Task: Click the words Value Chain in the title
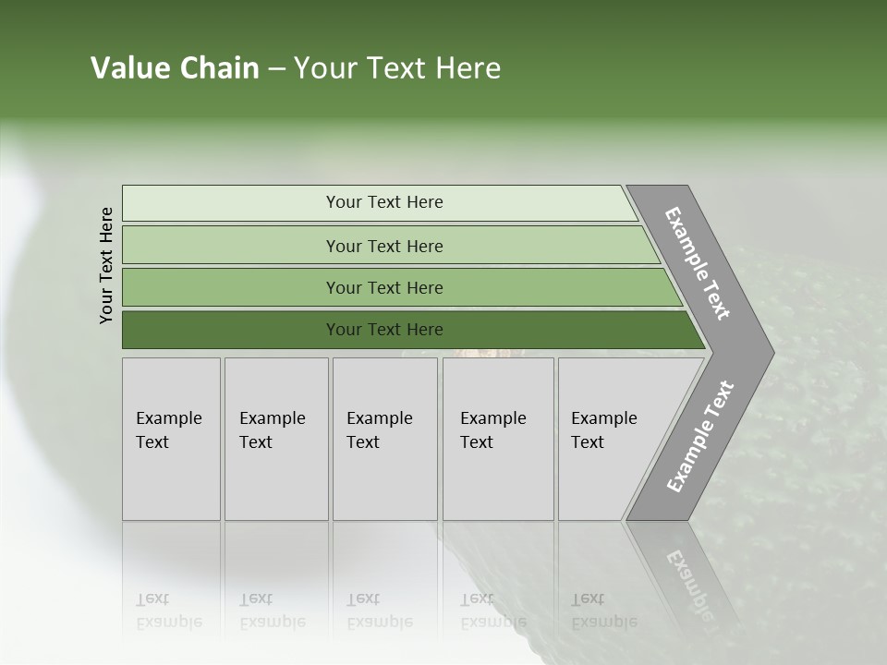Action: point(175,68)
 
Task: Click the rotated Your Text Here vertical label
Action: point(106,266)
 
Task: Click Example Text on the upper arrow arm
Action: point(698,264)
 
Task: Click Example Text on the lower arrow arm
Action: point(699,437)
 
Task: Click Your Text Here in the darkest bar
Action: point(384,330)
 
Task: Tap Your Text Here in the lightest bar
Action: point(384,202)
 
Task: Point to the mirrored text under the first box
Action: point(168,611)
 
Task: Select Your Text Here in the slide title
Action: point(397,68)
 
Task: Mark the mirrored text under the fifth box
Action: point(603,611)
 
